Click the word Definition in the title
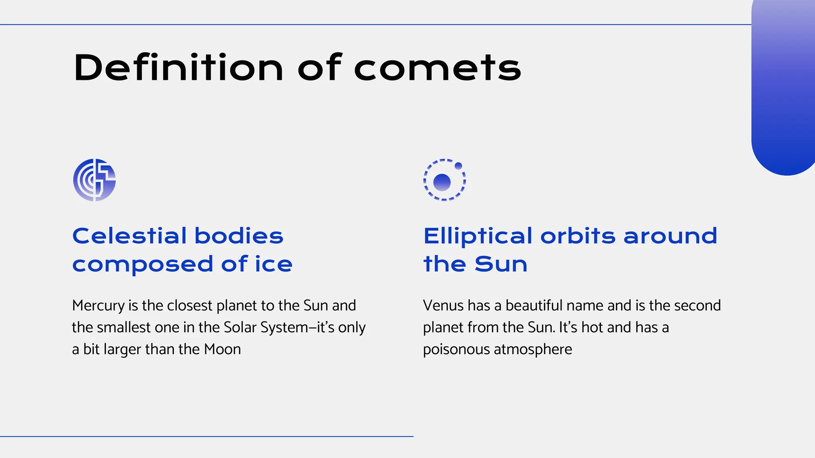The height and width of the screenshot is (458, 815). [178, 68]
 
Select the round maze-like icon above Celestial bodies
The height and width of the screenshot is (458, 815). [94, 180]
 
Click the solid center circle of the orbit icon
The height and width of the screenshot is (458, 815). [442, 182]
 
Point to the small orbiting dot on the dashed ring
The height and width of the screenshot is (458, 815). [458, 166]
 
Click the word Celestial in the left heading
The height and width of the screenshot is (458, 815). [129, 236]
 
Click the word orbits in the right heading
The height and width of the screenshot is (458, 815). [578, 236]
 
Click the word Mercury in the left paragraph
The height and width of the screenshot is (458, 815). [98, 306]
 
